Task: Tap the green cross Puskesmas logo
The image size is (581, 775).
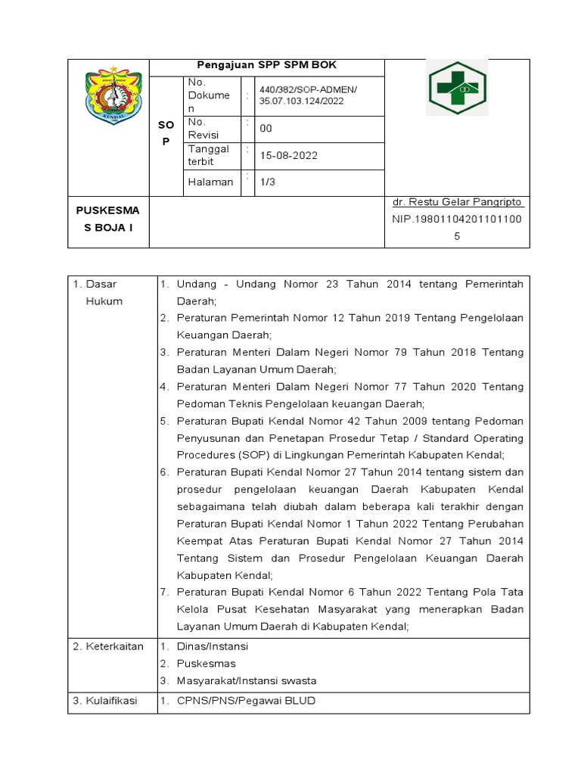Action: [457, 88]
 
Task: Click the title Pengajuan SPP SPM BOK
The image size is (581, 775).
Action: [267, 66]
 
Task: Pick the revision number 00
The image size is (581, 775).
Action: [266, 129]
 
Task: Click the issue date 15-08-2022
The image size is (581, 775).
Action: [289, 155]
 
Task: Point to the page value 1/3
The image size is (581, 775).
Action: [267, 182]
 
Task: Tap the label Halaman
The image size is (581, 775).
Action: [210, 182]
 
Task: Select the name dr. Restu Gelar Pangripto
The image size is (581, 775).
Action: [458, 203]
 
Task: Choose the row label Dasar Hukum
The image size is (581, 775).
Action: [98, 292]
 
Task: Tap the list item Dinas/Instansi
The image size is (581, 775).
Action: [213, 646]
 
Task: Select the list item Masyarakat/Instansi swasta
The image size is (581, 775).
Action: [247, 680]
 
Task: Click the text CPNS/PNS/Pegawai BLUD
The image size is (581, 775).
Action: [246, 701]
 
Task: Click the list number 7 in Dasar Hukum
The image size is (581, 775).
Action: [163, 591]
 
